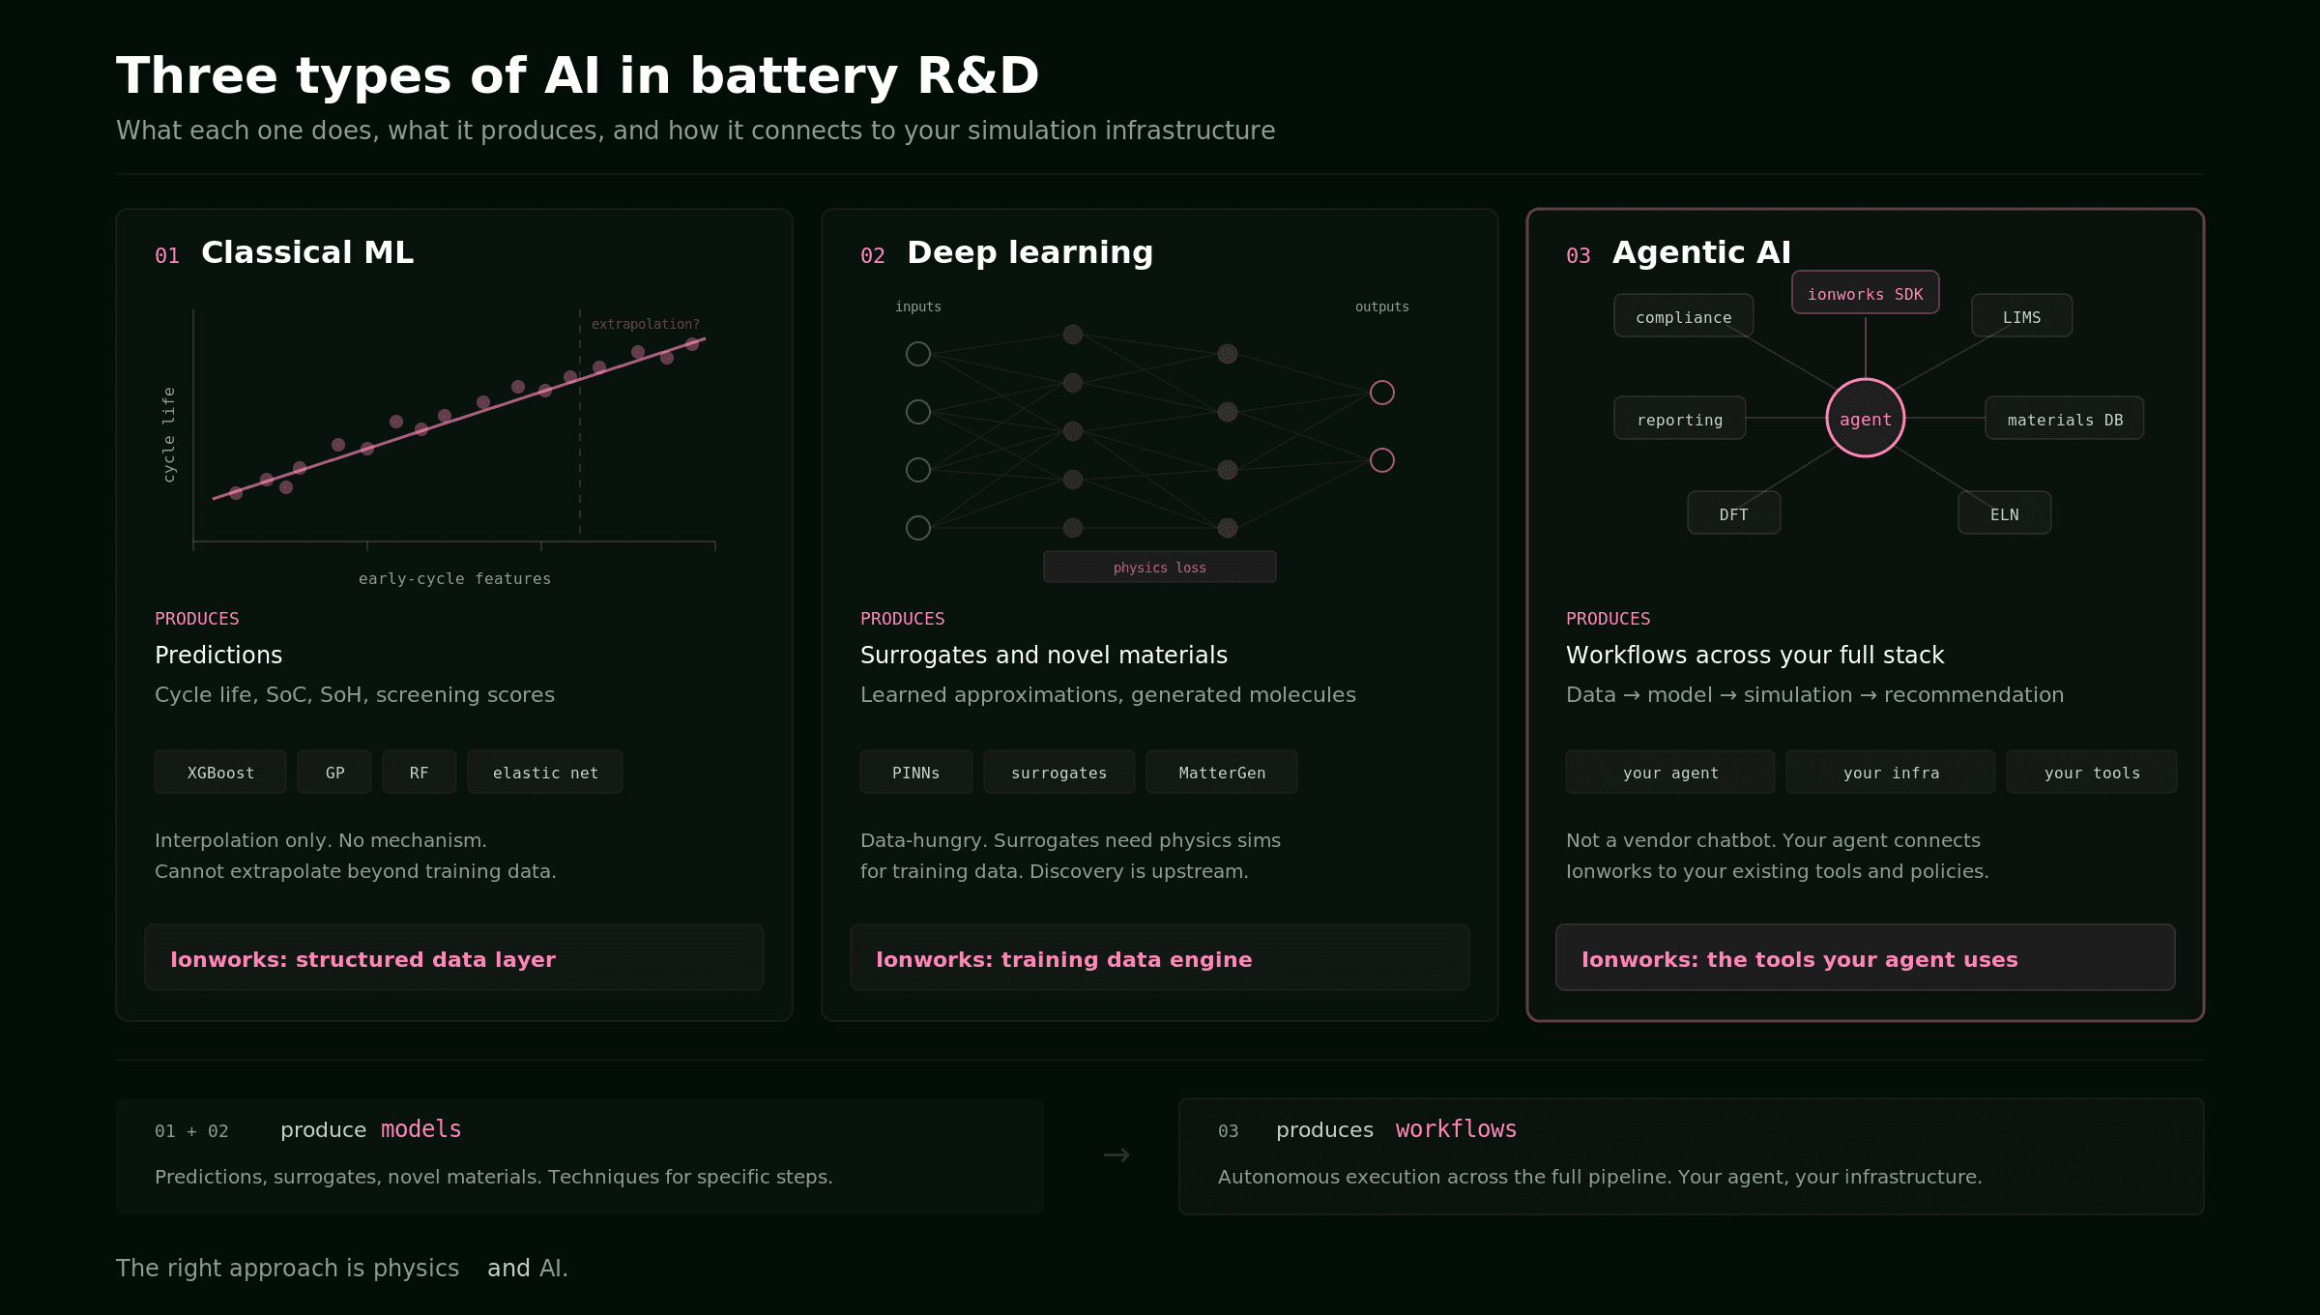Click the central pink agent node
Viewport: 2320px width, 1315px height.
[1865, 419]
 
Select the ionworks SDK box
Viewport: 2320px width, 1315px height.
[1865, 293]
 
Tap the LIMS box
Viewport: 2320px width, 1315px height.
[2021, 316]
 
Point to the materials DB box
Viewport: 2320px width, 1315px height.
[2064, 419]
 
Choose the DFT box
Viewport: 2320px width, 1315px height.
[1733, 513]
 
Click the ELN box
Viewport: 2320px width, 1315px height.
[2004, 513]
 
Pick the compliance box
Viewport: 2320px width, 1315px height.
[1683, 316]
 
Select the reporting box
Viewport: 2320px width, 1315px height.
[1679, 419]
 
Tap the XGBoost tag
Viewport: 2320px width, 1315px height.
[220, 773]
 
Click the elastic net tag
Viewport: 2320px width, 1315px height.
[545, 773]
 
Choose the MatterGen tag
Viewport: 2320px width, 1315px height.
[1222, 773]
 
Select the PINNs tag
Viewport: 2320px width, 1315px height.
[915, 773]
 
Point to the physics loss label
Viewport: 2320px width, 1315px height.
[1159, 568]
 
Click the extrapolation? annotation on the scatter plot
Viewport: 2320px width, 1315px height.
[645, 324]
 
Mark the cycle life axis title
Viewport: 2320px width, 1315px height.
[169, 434]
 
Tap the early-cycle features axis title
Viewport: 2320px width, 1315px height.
[454, 578]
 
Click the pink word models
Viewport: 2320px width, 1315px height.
[420, 1129]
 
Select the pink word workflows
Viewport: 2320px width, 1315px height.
[1456, 1129]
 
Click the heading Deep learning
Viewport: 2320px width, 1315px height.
[1029, 252]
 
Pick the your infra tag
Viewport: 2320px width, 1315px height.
[1891, 773]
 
